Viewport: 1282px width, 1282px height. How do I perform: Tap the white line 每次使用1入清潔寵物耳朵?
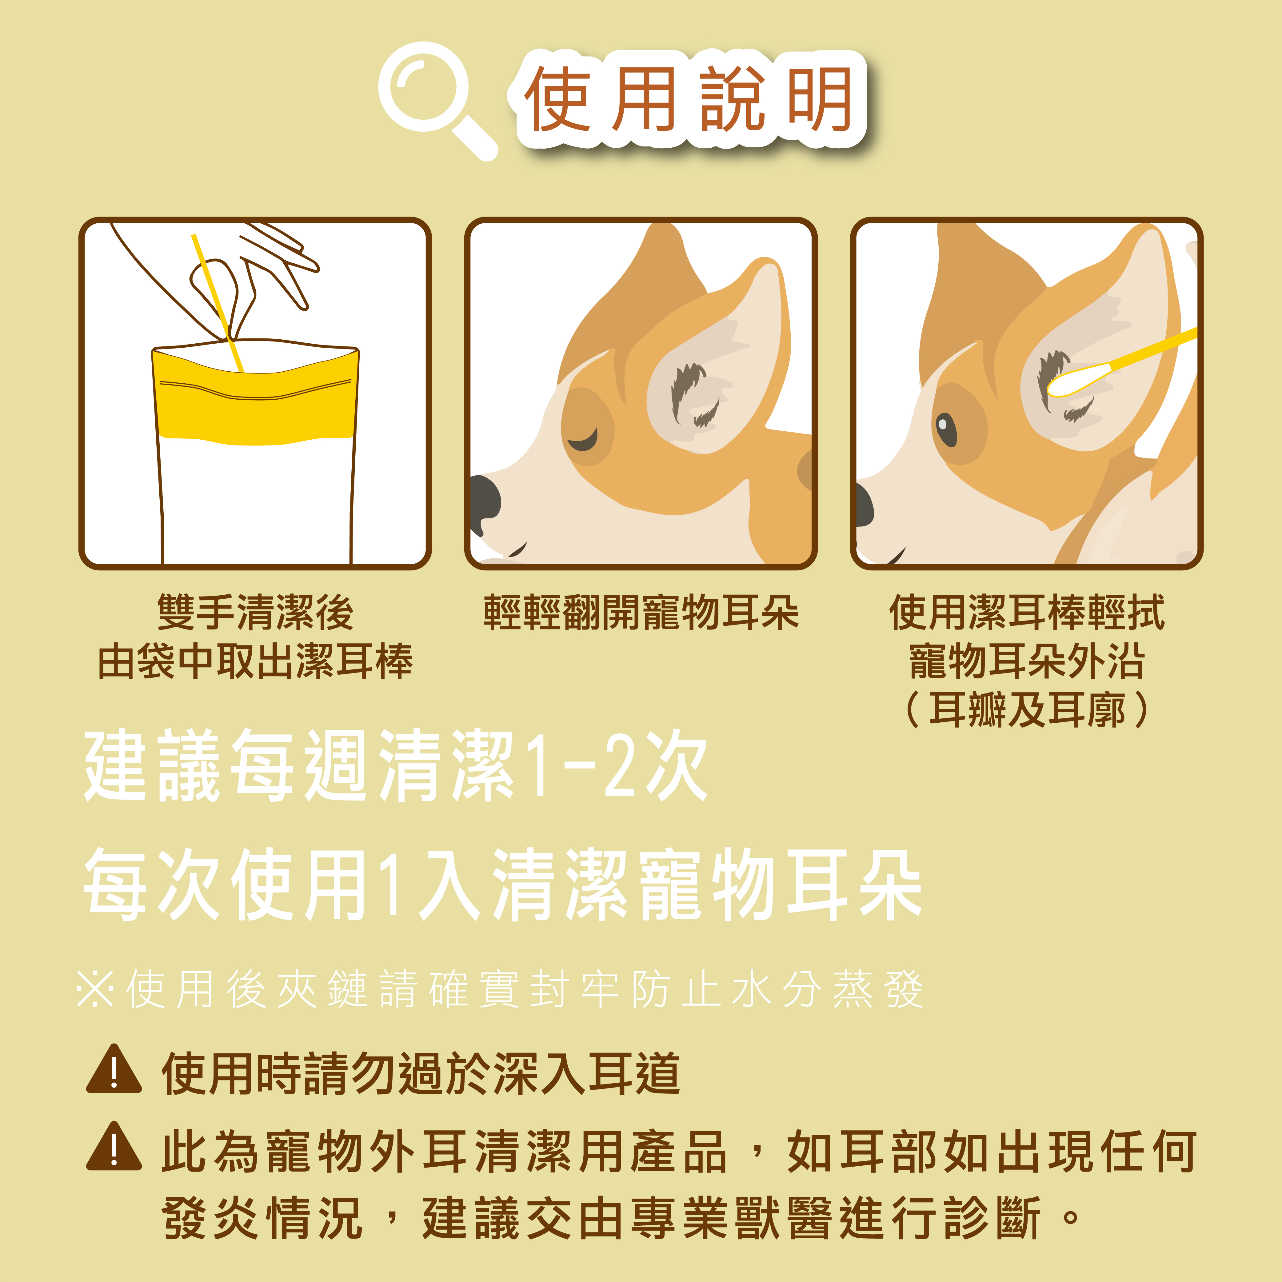coord(502,886)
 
